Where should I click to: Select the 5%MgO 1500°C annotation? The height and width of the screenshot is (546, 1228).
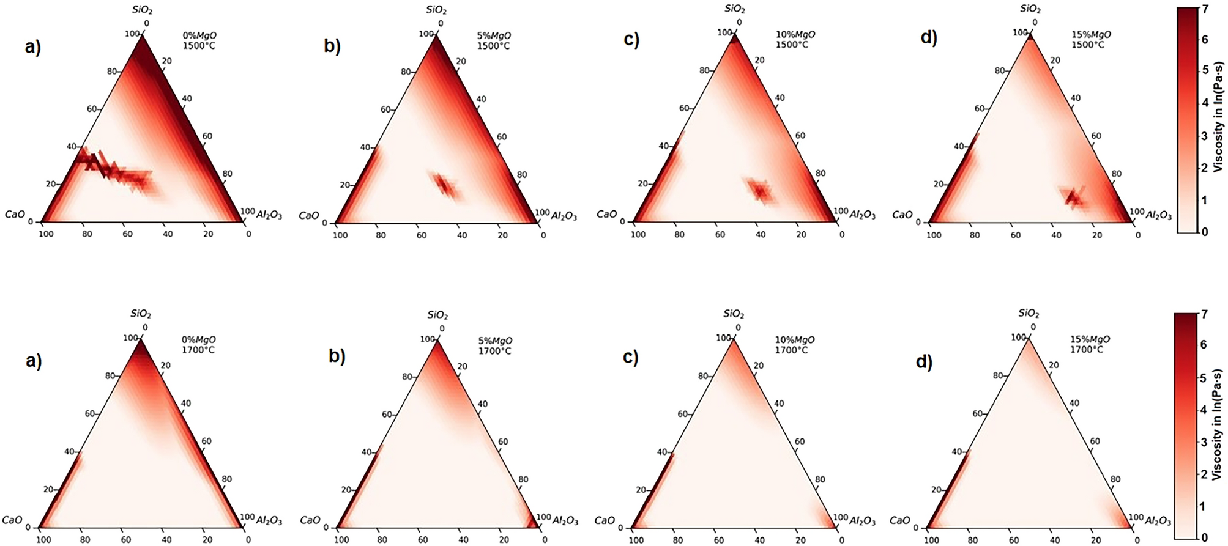pos(493,40)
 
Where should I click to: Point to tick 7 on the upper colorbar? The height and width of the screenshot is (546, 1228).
pos(1205,9)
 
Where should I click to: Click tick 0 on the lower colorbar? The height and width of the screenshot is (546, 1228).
pos(1204,537)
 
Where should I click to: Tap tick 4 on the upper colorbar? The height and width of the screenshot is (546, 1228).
pos(1205,103)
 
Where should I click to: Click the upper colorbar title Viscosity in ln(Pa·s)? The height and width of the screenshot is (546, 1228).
pos(1218,116)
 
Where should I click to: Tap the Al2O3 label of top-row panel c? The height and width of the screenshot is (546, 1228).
pos(862,215)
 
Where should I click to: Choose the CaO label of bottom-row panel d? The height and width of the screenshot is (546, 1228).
pos(899,520)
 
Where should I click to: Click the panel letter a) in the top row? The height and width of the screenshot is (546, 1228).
pos(32,46)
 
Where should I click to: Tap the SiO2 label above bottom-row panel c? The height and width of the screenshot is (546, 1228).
pos(734,314)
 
